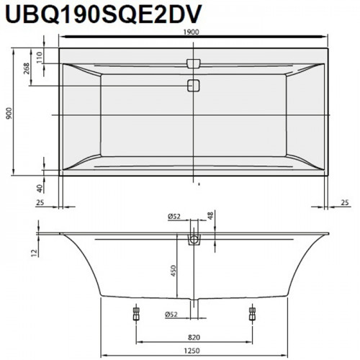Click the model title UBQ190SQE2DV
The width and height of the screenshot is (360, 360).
pos(103,14)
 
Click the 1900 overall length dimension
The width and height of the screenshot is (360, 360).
pos(192,32)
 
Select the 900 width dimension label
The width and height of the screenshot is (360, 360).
pos(9,114)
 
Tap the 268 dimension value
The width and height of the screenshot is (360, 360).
pos(26,68)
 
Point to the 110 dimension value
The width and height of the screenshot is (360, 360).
pos(39,58)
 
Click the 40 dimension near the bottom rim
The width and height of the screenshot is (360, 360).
pos(40,187)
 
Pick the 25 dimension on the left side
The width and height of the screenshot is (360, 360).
pos(40,202)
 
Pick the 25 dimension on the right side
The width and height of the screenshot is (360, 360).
pos(345,202)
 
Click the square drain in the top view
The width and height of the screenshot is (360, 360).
pos(194,86)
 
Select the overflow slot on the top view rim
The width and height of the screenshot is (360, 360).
pos(194,63)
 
